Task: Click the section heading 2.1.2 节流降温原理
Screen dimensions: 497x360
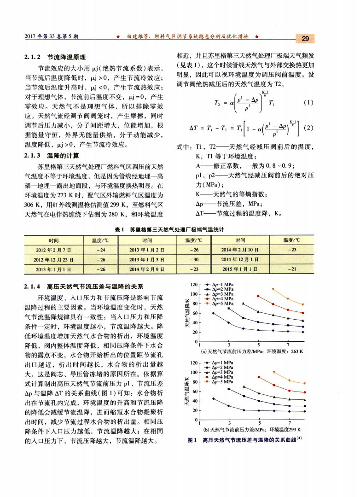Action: pyautogui.click(x=55, y=58)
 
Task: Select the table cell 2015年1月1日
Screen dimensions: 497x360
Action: pyautogui.click(x=240, y=269)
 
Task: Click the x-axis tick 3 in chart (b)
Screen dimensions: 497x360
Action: pyautogui.click(x=229, y=423)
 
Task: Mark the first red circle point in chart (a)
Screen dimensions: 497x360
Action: pyautogui.click(x=258, y=296)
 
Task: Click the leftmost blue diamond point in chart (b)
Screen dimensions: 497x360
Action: pyautogui.click(x=214, y=398)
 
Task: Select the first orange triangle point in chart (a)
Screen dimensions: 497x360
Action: pyautogui.click(x=273, y=289)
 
